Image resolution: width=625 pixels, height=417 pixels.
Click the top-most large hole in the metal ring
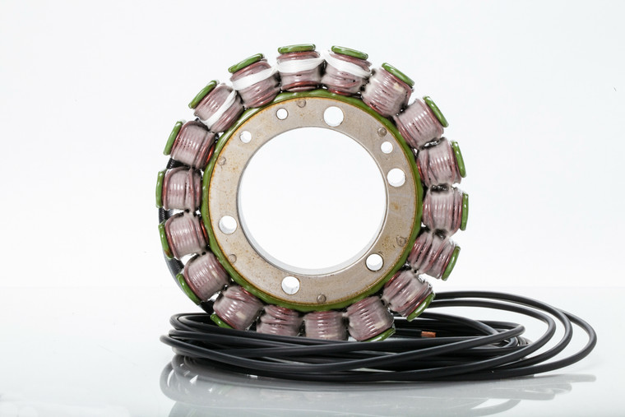[x=333, y=116]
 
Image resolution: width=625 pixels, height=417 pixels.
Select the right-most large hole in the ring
[x=396, y=177]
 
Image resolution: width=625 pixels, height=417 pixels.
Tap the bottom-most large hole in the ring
[x=290, y=285]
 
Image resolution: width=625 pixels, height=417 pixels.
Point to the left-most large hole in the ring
[x=228, y=225]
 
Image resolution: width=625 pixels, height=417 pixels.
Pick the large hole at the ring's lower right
[x=374, y=262]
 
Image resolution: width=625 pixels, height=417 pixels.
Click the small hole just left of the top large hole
[x=282, y=114]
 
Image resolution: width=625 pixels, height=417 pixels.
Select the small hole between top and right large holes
[x=387, y=147]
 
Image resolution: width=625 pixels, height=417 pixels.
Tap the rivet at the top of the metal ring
[x=301, y=103]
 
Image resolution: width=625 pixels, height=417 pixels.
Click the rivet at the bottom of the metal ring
[x=322, y=298]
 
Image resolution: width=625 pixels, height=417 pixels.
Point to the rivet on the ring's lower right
[x=400, y=241]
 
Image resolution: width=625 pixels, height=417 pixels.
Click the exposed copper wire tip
[x=427, y=334]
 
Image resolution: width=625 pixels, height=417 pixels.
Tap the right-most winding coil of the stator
[x=444, y=210]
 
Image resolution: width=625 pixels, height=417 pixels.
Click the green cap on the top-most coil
[x=296, y=49]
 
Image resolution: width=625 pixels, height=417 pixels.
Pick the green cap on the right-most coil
[x=464, y=211]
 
